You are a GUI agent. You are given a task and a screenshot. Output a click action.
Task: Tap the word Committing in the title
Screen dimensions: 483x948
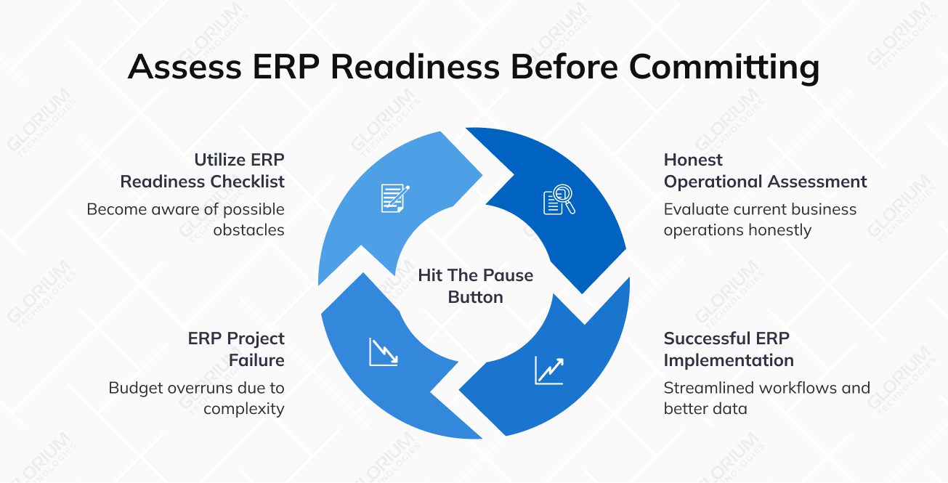[724, 67]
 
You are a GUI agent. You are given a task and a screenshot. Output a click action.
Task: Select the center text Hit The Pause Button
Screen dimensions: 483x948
[476, 286]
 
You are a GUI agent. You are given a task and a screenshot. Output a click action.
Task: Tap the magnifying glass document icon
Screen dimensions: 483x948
[559, 200]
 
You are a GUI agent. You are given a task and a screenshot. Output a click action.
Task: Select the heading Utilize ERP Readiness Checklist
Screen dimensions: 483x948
[203, 171]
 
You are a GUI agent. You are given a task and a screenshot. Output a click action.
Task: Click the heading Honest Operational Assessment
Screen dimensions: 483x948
[765, 171]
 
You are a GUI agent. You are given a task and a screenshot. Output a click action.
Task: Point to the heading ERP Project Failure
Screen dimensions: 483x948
[236, 349]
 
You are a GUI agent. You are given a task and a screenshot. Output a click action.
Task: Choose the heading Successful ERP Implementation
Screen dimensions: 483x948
[728, 349]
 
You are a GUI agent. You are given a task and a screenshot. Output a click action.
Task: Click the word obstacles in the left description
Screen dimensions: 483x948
[248, 230]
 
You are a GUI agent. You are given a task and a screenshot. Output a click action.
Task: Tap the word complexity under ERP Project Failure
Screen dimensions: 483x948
[243, 409]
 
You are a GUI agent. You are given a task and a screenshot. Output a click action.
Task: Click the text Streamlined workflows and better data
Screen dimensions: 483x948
[766, 398]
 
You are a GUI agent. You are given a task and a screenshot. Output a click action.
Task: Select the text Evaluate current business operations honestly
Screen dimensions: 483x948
[760, 219]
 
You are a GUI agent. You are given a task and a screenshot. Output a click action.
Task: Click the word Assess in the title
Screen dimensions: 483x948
[185, 67]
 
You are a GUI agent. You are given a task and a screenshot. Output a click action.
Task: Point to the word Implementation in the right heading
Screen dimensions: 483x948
[728, 360]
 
